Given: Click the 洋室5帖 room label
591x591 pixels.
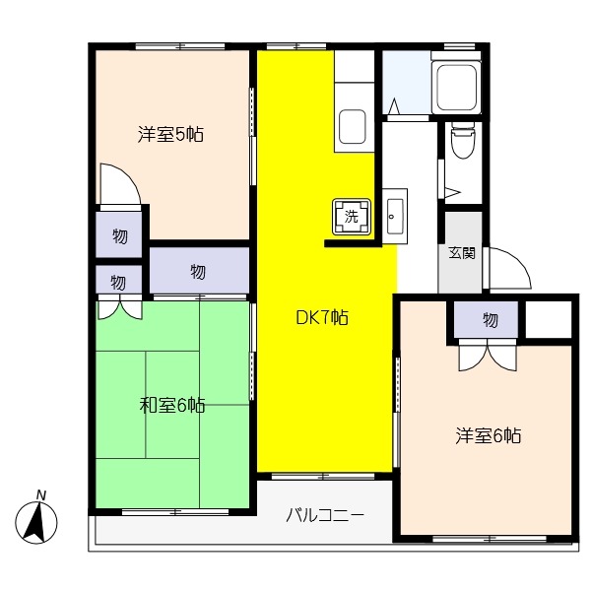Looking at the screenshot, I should click(x=170, y=135).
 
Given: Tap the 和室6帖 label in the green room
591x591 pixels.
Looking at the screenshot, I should click(x=172, y=405).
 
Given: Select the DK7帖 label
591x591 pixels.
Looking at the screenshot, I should click(x=322, y=317).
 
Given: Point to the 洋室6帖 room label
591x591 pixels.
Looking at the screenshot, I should click(x=488, y=434).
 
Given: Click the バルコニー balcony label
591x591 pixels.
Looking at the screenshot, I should click(x=326, y=514).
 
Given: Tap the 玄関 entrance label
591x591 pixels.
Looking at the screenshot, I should click(x=462, y=253).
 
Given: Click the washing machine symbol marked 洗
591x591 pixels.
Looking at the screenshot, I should click(x=353, y=218).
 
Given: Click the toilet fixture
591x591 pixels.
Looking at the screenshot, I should click(x=461, y=143).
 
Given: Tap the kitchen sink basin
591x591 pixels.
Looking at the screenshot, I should click(x=354, y=127).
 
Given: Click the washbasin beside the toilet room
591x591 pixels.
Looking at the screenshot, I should click(x=395, y=215).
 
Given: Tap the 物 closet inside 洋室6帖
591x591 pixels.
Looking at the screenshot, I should click(x=490, y=320).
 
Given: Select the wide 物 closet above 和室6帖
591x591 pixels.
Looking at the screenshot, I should click(x=198, y=271).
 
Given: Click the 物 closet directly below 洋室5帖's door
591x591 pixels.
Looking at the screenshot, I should click(x=119, y=235).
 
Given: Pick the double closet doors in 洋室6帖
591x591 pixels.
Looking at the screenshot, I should click(x=489, y=355).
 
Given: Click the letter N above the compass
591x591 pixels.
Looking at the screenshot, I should click(x=40, y=494).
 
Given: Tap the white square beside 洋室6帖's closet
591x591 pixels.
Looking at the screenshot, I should click(x=549, y=319).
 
